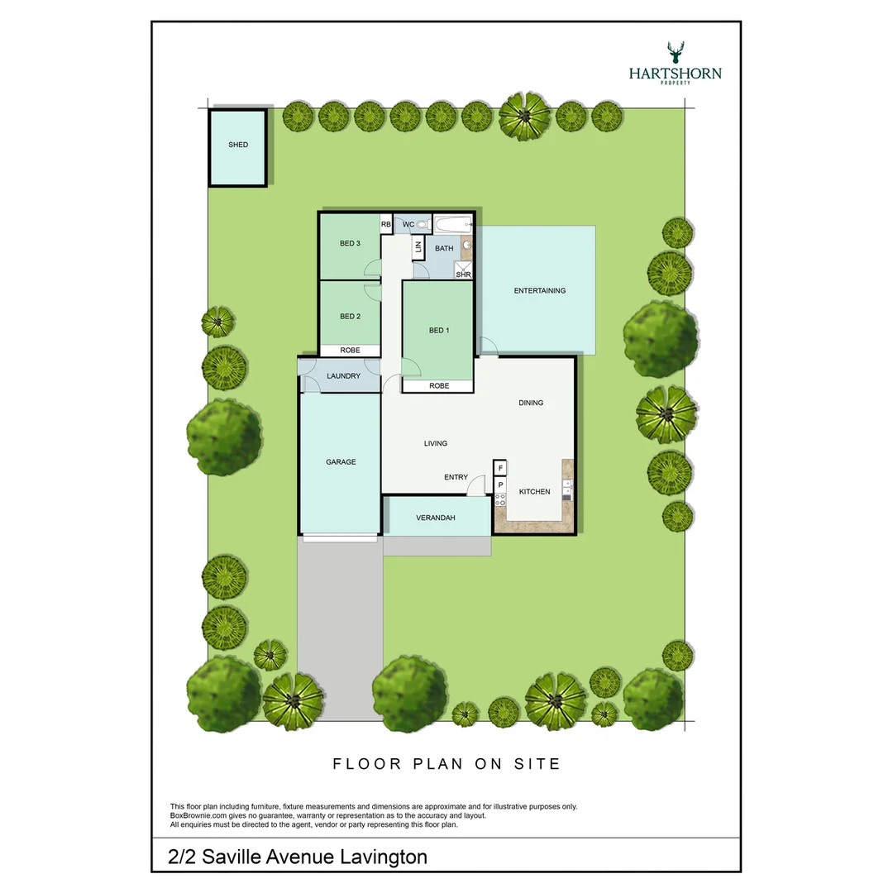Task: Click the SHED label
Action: coord(238,145)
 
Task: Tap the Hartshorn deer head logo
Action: coord(676,52)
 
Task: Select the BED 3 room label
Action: coord(350,243)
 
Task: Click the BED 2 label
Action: coord(350,316)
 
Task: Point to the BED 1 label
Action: coord(439,330)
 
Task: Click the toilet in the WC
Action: coord(423,225)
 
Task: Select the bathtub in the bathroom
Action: coord(453,224)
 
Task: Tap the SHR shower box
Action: coord(463,270)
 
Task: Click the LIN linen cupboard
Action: coord(418,247)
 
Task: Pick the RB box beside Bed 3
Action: coord(386,224)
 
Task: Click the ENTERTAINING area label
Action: coord(540,290)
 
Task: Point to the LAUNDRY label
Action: coord(343,376)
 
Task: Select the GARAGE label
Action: coord(341,462)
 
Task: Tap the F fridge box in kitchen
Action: coord(500,468)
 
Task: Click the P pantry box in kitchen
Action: coord(500,485)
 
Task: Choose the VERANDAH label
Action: coord(436,518)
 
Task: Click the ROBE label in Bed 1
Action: coord(439,385)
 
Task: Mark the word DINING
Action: coord(531,403)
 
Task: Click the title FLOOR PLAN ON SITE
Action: coord(447,764)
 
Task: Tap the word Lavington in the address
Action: coord(384,857)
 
